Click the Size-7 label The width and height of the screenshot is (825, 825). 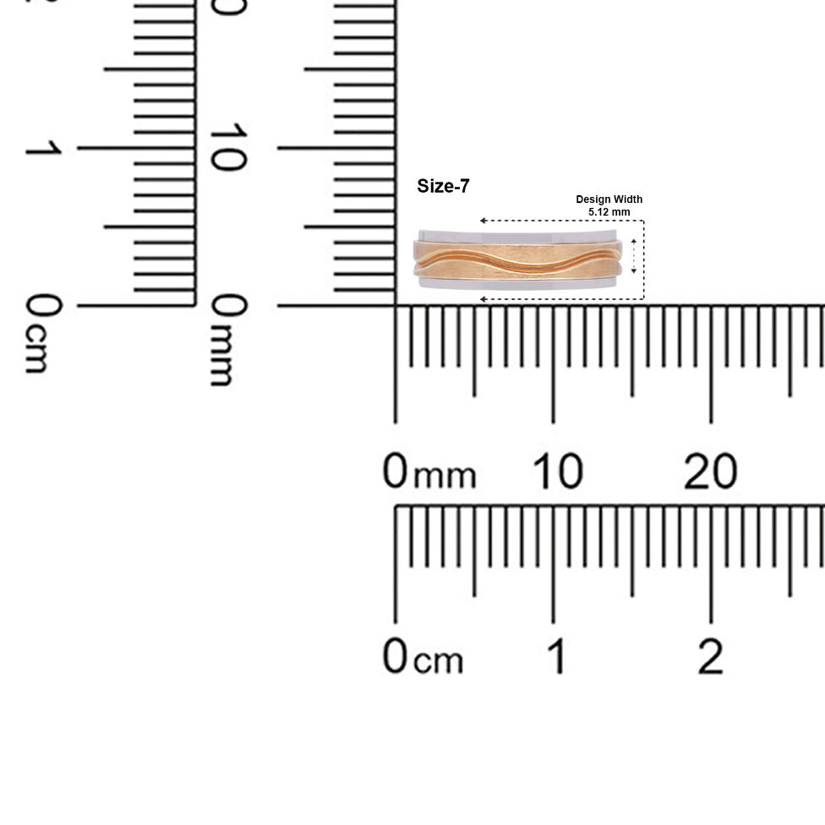pos(443,186)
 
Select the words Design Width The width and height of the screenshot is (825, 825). pos(609,199)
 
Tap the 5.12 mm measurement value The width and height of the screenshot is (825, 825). pos(609,212)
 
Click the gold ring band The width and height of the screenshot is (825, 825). pos(517,260)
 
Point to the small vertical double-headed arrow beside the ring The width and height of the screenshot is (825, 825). pos(633,256)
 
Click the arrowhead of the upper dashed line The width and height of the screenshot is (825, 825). pos(483,221)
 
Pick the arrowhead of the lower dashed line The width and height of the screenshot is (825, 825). pos(483,299)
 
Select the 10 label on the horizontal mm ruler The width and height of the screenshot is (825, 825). pos(558,471)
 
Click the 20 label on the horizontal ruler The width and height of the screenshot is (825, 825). pos(710,471)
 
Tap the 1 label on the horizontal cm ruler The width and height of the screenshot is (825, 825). pos(557,656)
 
